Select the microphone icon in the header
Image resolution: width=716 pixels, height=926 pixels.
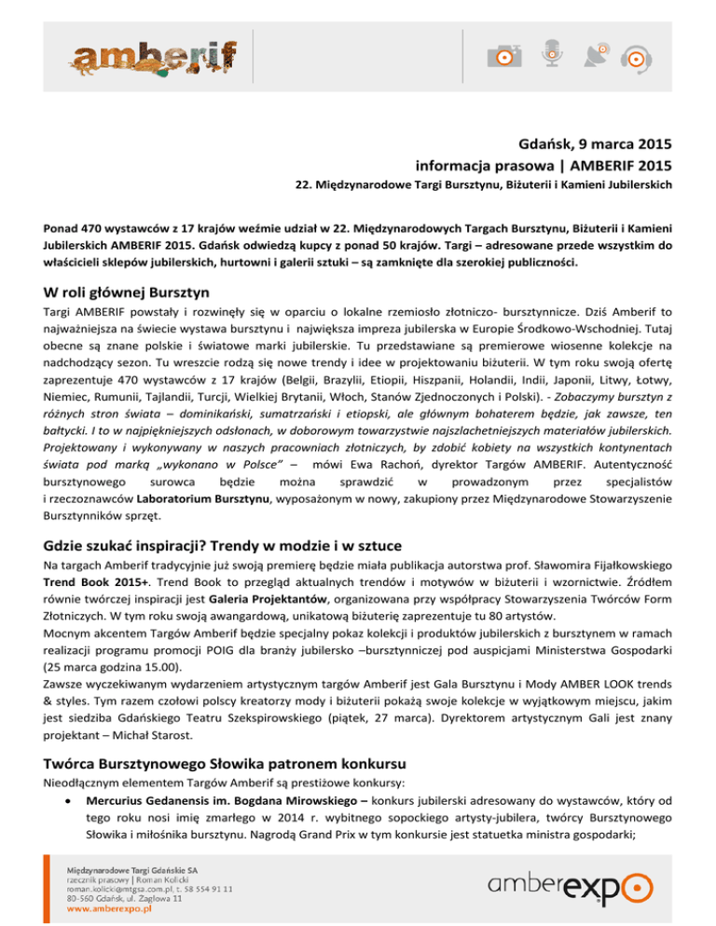pyautogui.click(x=553, y=54)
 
